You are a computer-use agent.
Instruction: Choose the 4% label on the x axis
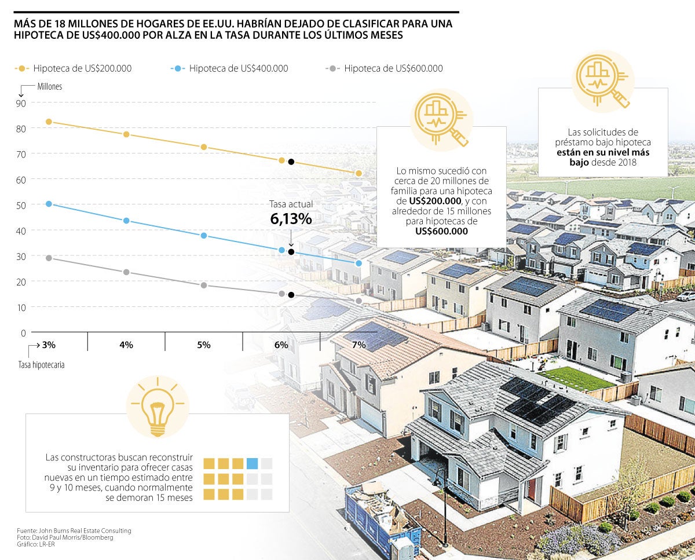click(126, 345)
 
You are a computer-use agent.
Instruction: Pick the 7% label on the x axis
click(359, 345)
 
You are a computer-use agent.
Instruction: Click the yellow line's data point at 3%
click(49, 122)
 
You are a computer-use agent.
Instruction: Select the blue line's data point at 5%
click(204, 236)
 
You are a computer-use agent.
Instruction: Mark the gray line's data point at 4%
click(126, 272)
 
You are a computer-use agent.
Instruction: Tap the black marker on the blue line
click(291, 252)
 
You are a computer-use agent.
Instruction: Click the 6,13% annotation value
click(291, 219)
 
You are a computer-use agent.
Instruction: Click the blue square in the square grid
click(252, 463)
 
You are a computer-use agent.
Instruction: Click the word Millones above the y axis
click(50, 86)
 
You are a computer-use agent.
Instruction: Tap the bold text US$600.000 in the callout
click(441, 231)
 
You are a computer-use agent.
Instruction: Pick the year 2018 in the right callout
click(626, 163)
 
